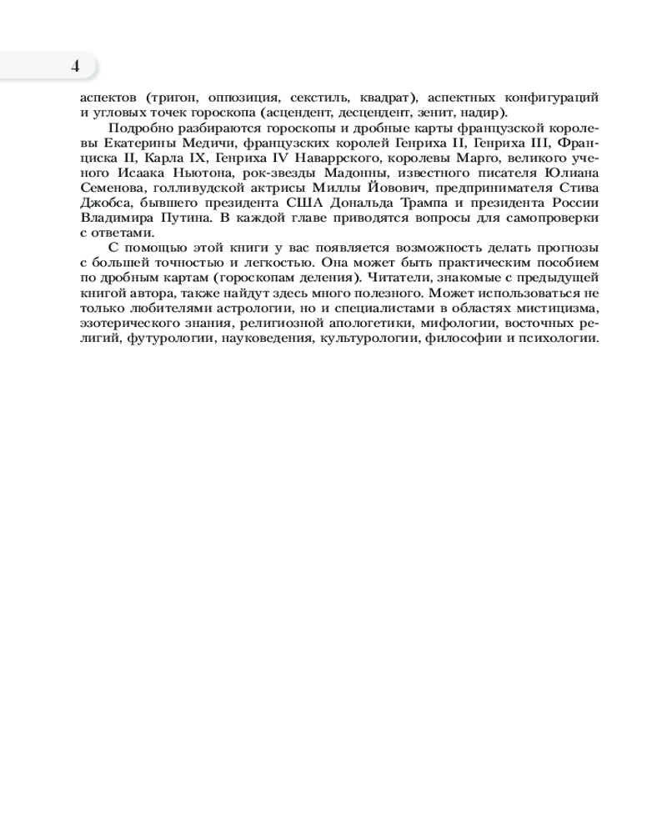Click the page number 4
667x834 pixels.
(x=75, y=67)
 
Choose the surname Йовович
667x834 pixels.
(x=399, y=188)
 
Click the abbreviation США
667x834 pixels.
(x=308, y=203)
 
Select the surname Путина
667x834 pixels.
(x=173, y=218)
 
